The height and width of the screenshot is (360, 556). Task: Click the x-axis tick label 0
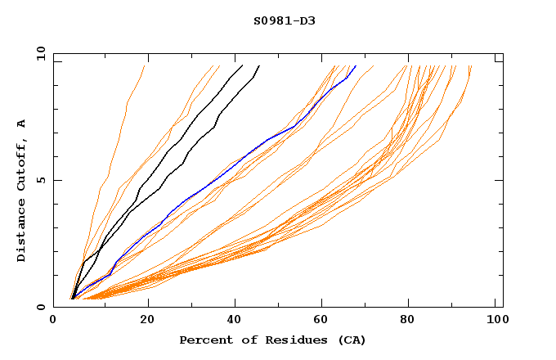point(53,322)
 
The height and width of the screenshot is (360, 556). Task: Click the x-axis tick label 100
point(496,322)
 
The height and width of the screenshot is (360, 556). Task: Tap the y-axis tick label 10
point(40,53)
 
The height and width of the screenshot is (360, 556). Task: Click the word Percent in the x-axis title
point(204,340)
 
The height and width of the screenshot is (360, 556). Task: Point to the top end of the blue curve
point(356,65)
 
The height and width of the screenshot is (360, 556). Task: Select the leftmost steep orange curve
point(117,139)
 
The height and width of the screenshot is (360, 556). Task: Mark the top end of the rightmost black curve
point(259,65)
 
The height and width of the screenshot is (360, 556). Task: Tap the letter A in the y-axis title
point(22,124)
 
